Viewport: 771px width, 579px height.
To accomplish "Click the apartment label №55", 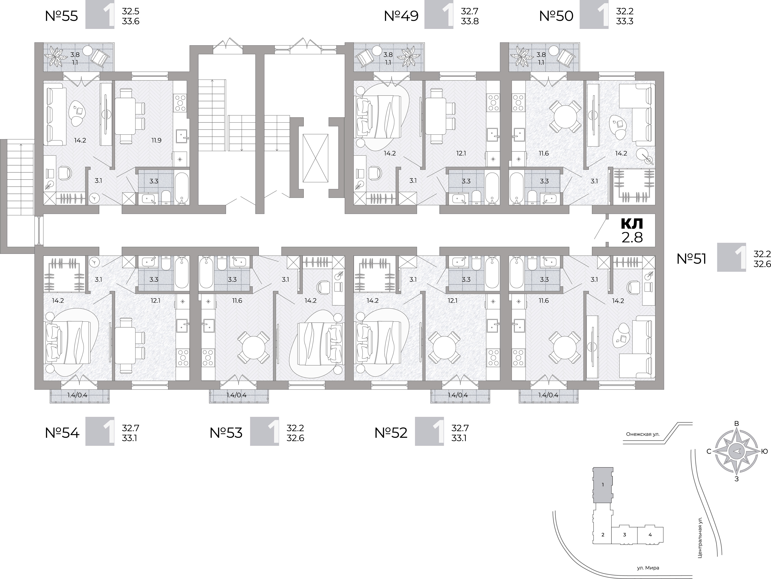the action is (x=62, y=16).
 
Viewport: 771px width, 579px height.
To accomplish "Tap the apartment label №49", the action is (x=401, y=16).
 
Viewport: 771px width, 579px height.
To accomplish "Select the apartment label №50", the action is (x=556, y=16).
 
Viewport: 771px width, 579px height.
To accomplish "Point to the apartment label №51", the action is (x=692, y=259).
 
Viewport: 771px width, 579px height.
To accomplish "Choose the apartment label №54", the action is (x=62, y=433).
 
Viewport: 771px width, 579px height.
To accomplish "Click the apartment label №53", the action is (x=226, y=433).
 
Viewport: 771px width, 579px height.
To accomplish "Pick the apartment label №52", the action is (x=391, y=433).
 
